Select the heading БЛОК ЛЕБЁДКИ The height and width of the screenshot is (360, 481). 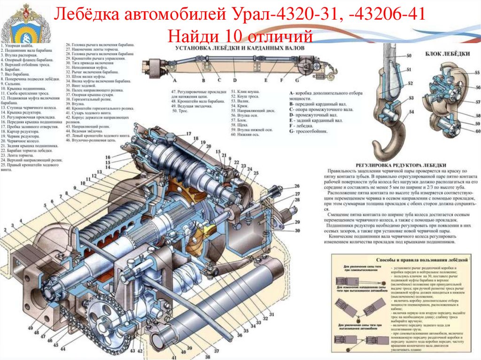(x=447, y=54)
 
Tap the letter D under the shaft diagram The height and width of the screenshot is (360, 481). (x=234, y=80)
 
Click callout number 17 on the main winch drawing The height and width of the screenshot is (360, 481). (x=188, y=134)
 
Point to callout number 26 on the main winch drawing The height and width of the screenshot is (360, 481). (x=297, y=186)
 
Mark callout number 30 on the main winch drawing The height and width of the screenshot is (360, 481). (x=297, y=230)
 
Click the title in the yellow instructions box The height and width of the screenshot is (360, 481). (x=413, y=259)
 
